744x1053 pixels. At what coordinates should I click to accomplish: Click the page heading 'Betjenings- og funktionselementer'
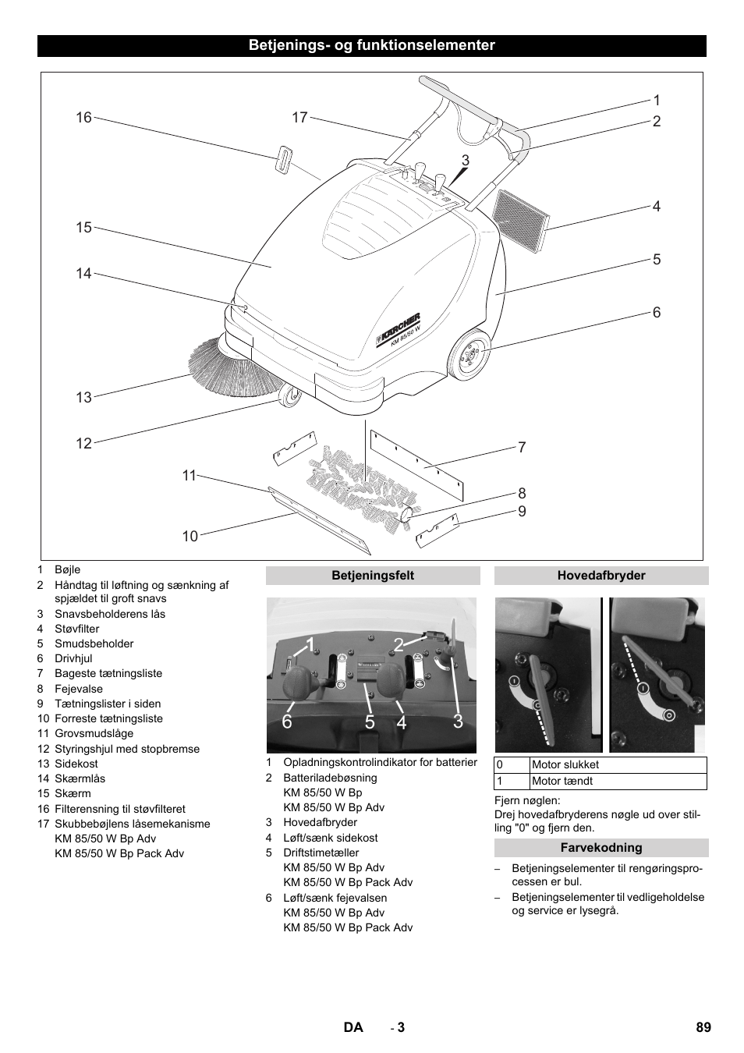click(371, 45)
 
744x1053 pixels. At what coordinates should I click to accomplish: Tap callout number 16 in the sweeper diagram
click(83, 118)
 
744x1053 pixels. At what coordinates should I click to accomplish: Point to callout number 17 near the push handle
click(300, 118)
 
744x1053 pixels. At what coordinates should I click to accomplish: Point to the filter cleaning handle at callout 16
click(282, 158)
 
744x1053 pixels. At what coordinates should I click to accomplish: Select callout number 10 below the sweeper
click(190, 536)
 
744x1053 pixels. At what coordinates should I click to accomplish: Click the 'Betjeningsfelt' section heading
click(373, 576)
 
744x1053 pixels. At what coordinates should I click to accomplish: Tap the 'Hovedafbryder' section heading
click(601, 576)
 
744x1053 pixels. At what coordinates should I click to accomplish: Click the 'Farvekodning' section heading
click(601, 848)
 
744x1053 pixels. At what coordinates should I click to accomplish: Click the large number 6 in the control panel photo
click(287, 722)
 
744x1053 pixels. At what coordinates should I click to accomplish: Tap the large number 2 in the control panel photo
click(399, 644)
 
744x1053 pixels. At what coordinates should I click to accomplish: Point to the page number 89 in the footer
click(703, 1027)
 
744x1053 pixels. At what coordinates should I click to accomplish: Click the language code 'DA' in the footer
click(353, 1027)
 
